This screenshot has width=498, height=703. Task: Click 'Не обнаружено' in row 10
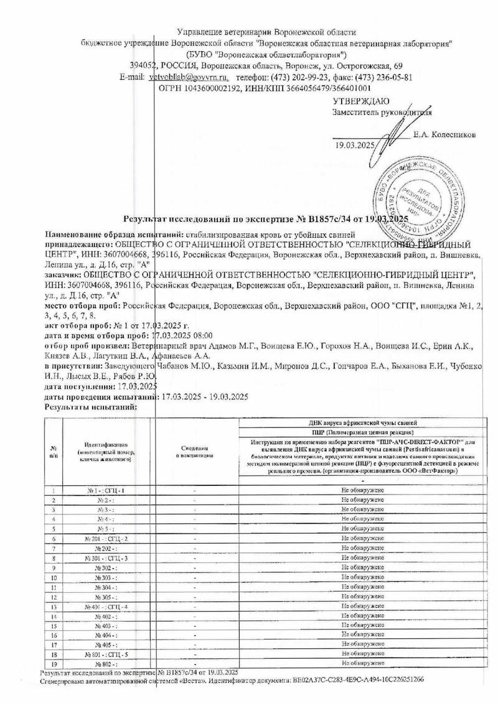[x=362, y=577]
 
